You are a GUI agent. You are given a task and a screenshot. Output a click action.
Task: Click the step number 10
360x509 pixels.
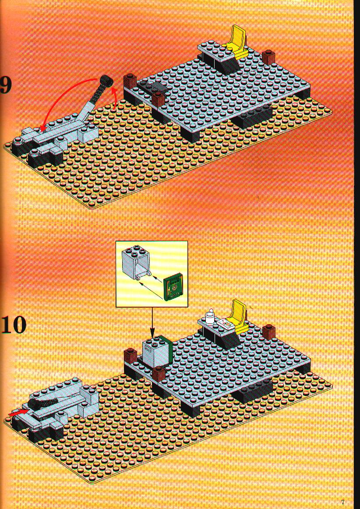click(x=13, y=325)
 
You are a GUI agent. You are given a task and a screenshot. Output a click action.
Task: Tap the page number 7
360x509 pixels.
click(x=342, y=503)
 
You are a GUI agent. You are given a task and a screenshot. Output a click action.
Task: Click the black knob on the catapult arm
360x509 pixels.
click(x=105, y=80)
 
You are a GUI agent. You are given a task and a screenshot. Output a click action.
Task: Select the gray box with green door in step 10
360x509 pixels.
click(x=157, y=352)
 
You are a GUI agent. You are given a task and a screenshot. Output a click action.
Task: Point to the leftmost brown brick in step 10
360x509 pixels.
click(x=130, y=355)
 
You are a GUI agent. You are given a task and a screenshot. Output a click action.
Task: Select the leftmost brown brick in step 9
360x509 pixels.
click(x=130, y=81)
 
